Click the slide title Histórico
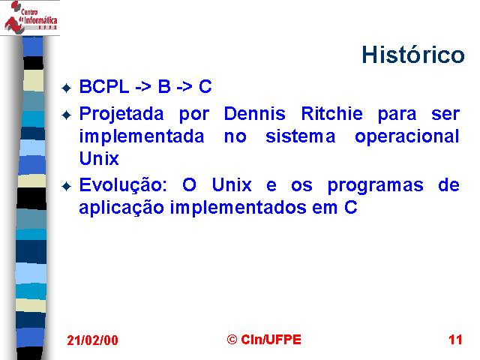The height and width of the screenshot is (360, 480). click(413, 55)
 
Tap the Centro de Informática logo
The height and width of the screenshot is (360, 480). click(30, 17)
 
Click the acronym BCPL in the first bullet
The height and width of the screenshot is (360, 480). click(104, 86)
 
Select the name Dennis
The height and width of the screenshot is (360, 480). click(255, 114)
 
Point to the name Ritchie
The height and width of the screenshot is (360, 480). click(331, 114)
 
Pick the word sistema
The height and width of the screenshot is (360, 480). click(300, 136)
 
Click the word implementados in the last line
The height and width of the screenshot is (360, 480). click(238, 208)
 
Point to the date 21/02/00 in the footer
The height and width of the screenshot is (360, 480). click(92, 340)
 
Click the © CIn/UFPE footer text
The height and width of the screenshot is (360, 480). click(264, 340)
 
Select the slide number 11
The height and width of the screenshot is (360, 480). click(455, 340)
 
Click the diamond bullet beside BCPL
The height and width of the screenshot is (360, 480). click(67, 88)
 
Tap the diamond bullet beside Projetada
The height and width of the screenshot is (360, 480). click(67, 115)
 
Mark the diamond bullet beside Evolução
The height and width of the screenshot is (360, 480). click(67, 187)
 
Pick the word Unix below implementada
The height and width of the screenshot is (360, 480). click(99, 158)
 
